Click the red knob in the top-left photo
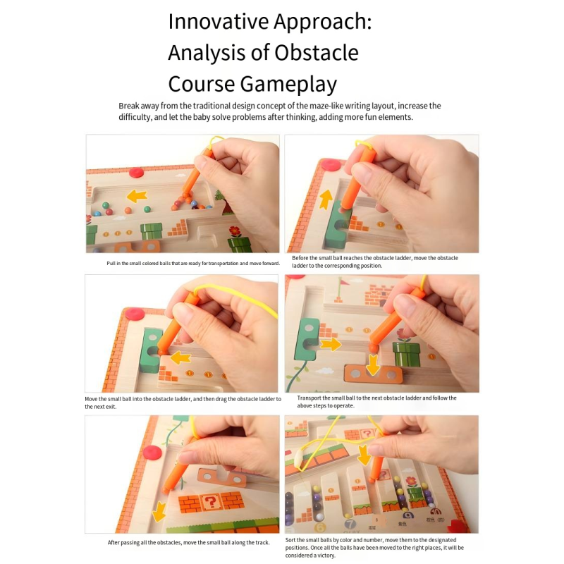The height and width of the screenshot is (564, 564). click(x=136, y=172)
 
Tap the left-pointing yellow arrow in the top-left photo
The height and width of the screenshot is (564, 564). click(x=137, y=196)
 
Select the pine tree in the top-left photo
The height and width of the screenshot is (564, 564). click(x=219, y=195)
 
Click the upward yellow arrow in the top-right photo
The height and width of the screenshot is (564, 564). click(x=326, y=200)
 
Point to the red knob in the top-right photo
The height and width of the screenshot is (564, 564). click(x=330, y=165)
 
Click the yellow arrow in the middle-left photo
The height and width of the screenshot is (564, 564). click(x=180, y=358)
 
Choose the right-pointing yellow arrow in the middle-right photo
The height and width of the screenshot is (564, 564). click(x=331, y=344)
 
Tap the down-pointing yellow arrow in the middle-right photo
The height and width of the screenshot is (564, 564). click(x=373, y=364)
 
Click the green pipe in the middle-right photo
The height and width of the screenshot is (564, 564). click(x=406, y=355)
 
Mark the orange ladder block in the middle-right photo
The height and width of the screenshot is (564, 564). click(x=373, y=376)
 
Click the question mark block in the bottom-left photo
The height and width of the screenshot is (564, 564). click(x=209, y=502)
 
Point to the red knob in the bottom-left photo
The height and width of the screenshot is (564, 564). click(x=152, y=452)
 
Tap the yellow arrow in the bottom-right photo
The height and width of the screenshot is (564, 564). click(x=364, y=455)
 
